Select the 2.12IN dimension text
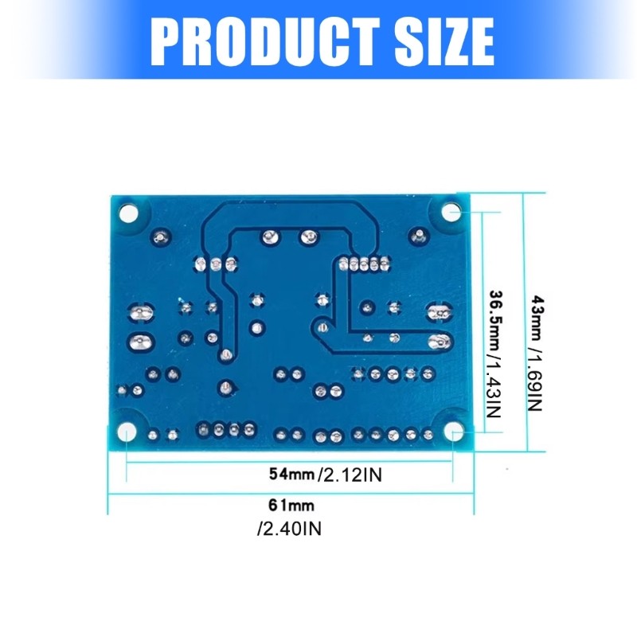(x=351, y=475)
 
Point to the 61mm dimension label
(x=291, y=505)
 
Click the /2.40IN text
(x=289, y=528)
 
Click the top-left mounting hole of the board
(x=127, y=212)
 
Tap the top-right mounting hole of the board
(x=451, y=212)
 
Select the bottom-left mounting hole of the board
(x=127, y=432)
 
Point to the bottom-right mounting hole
(x=454, y=432)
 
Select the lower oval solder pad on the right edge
(x=438, y=343)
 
